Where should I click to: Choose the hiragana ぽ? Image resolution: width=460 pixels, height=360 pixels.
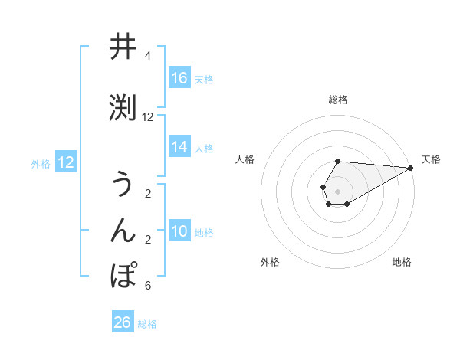tap(125, 275)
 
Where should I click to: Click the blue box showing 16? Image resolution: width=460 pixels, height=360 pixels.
tap(179, 77)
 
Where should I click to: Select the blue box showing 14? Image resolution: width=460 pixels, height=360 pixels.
tap(179, 147)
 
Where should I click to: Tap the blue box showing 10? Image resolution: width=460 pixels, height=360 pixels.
tap(179, 231)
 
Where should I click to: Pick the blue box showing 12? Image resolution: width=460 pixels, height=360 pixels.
tap(66, 162)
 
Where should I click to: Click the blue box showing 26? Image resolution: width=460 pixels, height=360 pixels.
tap(123, 322)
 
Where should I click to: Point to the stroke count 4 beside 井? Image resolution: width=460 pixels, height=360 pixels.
tap(147, 56)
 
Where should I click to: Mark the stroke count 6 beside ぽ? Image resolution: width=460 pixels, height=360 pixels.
tap(147, 286)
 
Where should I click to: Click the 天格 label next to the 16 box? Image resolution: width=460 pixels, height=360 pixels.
tap(204, 79)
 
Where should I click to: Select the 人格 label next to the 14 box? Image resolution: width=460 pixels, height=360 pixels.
tap(204, 149)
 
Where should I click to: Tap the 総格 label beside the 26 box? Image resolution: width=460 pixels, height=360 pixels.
tap(147, 324)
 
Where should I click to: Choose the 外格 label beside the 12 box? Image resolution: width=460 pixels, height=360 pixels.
tap(41, 163)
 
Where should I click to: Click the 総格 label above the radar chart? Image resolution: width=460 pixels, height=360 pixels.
tap(338, 100)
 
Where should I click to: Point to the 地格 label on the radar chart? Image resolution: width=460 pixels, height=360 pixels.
tap(402, 262)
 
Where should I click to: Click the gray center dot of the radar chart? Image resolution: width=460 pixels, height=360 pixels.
tap(338, 191)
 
